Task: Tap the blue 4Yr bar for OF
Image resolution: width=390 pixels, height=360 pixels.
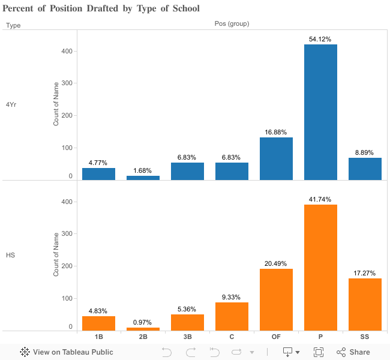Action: coord(276,158)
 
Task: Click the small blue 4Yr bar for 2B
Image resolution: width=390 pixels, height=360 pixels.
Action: coord(143,178)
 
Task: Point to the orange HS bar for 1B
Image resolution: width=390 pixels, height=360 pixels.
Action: coord(98,323)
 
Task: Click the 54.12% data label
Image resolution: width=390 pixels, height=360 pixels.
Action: coord(320,39)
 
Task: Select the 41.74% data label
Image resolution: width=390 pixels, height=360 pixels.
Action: coord(320,199)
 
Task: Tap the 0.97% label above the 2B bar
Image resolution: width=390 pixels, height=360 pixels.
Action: coord(143,322)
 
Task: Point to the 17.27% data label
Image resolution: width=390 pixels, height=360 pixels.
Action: coord(365,273)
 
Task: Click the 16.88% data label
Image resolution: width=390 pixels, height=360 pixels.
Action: coord(276,132)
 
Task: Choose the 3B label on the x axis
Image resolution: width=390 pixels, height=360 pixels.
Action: coord(187,337)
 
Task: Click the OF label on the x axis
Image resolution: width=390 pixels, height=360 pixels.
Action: coord(276,337)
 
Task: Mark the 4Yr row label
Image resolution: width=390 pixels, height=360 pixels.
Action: coord(11,104)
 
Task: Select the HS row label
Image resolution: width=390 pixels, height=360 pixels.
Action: coord(10,255)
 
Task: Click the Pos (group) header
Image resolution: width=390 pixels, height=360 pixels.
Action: coord(232,24)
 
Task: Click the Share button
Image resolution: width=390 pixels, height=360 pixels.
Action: coord(353,352)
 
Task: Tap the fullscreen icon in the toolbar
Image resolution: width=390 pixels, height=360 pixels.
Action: coord(319,352)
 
